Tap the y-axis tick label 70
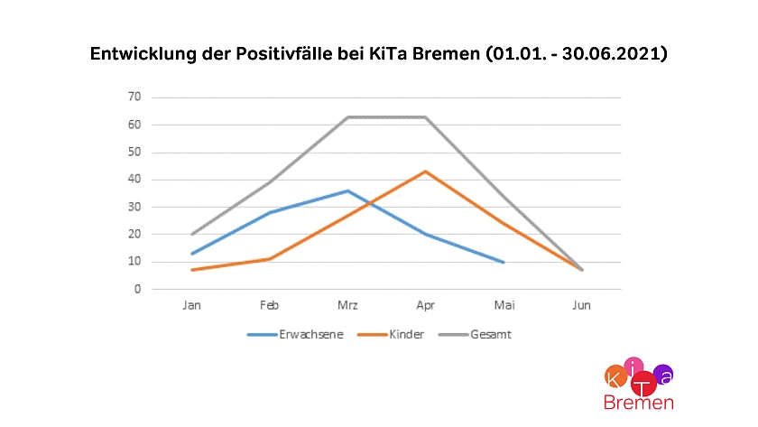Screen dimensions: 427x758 click(x=134, y=97)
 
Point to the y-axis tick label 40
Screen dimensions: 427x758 click(x=134, y=180)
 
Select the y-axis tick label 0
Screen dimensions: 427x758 click(x=137, y=290)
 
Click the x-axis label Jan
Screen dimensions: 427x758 click(x=191, y=306)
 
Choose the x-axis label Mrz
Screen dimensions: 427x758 click(x=347, y=306)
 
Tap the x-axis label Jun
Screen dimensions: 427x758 click(x=581, y=306)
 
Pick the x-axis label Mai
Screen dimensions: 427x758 click(x=503, y=306)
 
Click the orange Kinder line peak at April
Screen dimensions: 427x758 click(x=425, y=172)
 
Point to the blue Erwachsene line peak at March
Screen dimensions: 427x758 click(x=347, y=190)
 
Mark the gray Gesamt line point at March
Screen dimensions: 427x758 click(x=347, y=117)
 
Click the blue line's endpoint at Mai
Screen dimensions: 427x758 click(x=503, y=262)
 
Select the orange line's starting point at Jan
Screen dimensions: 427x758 click(x=191, y=270)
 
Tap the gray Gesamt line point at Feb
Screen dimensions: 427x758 click(x=269, y=182)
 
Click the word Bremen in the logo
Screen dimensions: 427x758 click(x=638, y=403)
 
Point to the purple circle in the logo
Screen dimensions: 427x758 click(x=663, y=373)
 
